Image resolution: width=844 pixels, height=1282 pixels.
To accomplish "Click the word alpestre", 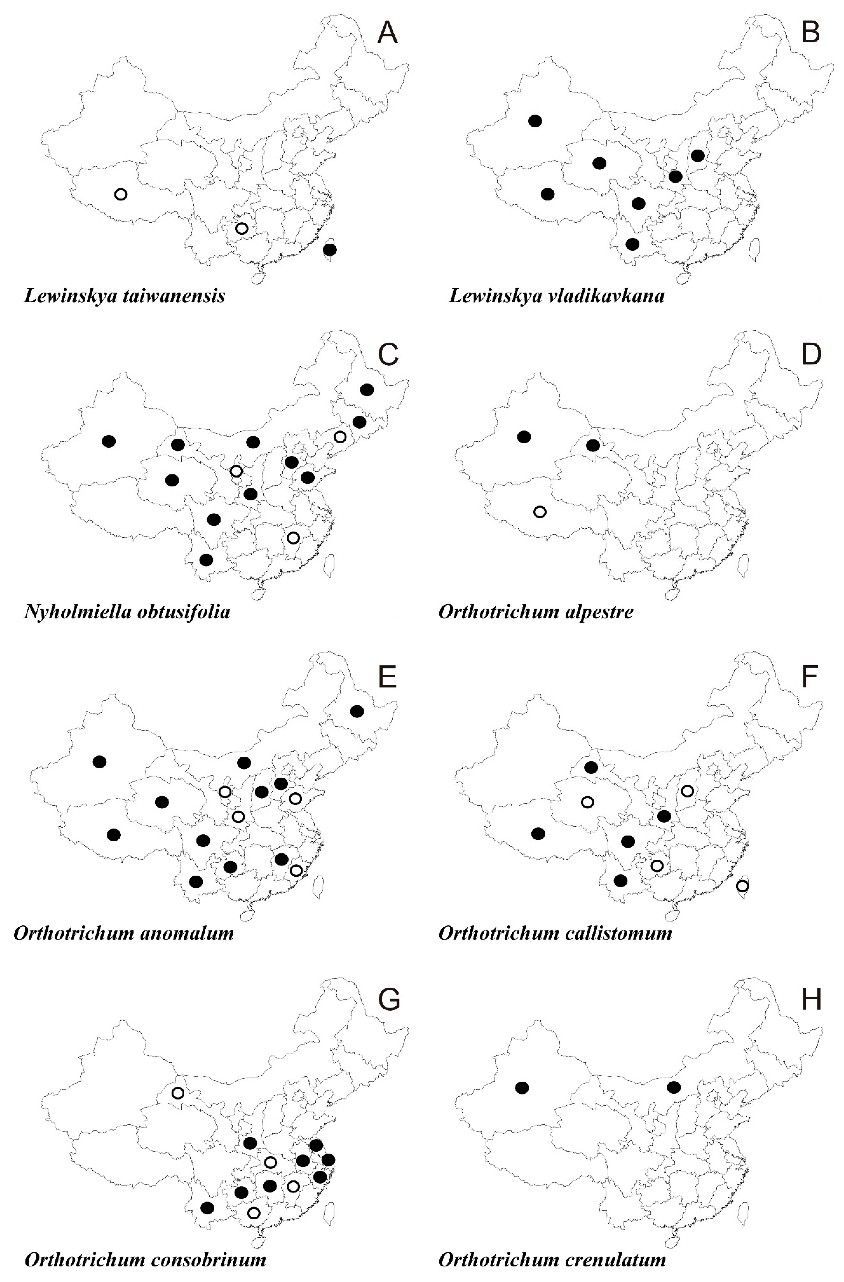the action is click(x=599, y=612).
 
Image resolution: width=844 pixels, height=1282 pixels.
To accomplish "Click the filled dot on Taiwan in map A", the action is click(x=330, y=249).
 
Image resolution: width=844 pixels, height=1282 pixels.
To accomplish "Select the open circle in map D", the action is click(x=540, y=512).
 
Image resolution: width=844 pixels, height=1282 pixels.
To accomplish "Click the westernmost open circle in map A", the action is click(x=121, y=194).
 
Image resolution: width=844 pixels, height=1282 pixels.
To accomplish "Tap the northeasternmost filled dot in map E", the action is click(x=357, y=711).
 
